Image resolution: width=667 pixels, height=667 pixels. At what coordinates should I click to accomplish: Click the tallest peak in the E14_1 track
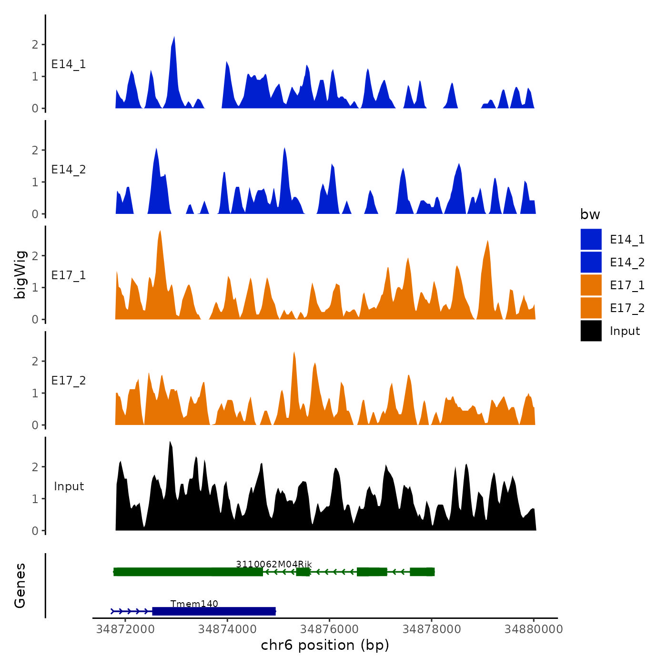(x=174, y=38)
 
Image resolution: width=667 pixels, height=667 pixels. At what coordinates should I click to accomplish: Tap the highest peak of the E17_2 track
(x=294, y=354)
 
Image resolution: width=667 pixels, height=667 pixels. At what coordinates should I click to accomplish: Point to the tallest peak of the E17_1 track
(x=160, y=232)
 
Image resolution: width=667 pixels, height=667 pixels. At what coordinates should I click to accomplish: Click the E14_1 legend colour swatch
(x=591, y=239)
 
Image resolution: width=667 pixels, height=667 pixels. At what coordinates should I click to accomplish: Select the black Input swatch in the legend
(x=591, y=331)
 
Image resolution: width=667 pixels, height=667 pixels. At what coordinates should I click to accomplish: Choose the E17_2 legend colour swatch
(x=591, y=308)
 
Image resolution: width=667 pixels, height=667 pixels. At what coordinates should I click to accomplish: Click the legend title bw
(x=590, y=214)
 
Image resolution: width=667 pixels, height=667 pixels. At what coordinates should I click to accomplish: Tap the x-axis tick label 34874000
(x=227, y=629)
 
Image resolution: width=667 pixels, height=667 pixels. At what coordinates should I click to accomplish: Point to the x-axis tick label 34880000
(x=534, y=629)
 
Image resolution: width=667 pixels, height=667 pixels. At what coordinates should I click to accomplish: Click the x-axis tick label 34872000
(x=125, y=629)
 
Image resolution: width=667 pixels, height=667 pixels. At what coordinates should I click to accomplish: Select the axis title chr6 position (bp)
(x=325, y=645)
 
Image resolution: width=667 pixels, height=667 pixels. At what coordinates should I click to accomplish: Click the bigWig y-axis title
(x=20, y=274)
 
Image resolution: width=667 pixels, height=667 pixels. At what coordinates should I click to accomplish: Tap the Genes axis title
(x=20, y=586)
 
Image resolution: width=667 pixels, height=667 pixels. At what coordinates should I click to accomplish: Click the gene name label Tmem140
(x=194, y=604)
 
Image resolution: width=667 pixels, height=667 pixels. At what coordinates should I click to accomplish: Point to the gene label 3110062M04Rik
(x=273, y=564)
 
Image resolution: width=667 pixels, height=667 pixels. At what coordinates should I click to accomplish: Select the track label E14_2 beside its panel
(x=69, y=170)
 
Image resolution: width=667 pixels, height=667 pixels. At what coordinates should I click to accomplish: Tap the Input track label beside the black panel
(x=69, y=486)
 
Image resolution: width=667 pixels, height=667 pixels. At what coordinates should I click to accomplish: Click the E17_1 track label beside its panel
(x=69, y=275)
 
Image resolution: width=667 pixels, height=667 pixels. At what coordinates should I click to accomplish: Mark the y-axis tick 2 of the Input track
(x=35, y=467)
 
